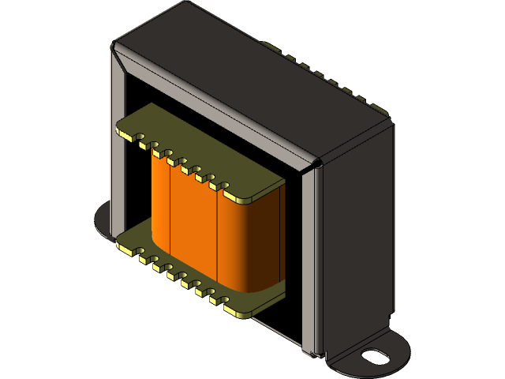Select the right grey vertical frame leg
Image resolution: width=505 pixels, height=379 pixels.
310,261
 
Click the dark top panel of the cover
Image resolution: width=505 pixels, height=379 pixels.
260,79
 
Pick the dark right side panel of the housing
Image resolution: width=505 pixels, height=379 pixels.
355,237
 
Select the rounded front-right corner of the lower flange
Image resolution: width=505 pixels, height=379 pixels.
237,310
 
